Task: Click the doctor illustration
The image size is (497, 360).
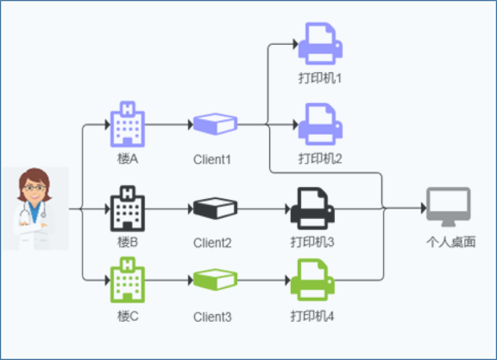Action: click(x=35, y=208)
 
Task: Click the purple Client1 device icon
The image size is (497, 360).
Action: click(x=215, y=124)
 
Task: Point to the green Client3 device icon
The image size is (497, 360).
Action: click(x=215, y=280)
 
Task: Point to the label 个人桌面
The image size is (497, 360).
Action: click(x=450, y=243)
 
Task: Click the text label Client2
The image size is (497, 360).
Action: click(x=213, y=243)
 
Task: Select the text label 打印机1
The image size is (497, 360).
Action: click(x=320, y=79)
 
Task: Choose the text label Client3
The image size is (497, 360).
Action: click(x=213, y=316)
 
